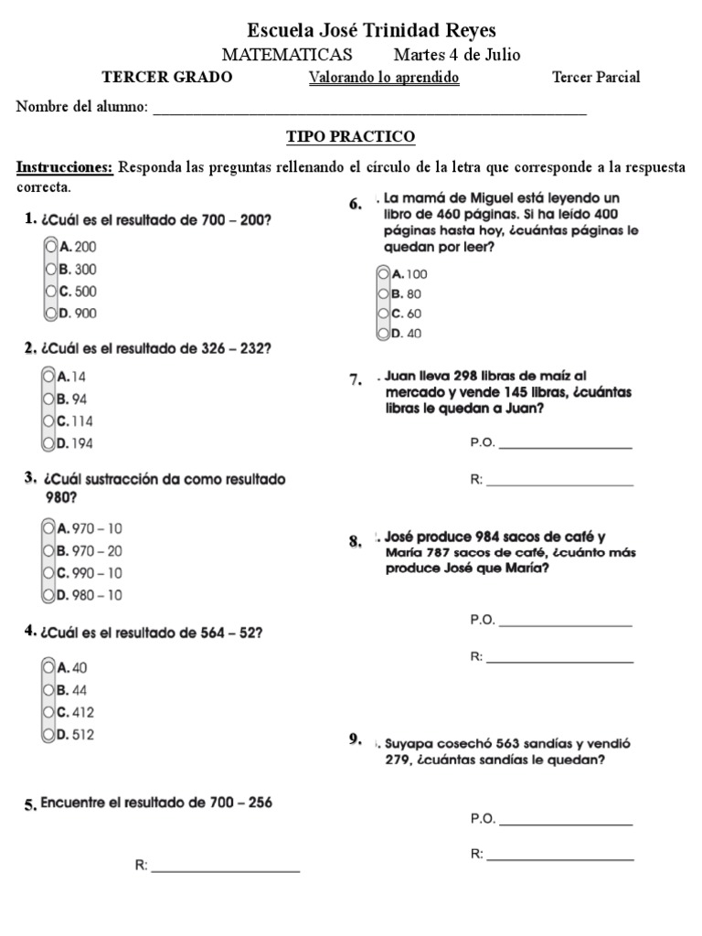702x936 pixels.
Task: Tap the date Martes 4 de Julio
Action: (456, 55)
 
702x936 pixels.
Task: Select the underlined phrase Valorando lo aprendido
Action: (384, 78)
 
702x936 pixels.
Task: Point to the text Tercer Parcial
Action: (596, 78)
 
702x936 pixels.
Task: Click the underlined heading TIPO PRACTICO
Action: (351, 137)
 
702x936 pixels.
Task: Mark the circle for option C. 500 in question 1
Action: (50, 292)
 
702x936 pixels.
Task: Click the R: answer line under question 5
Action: (225, 867)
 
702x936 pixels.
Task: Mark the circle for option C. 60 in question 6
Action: (383, 313)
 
